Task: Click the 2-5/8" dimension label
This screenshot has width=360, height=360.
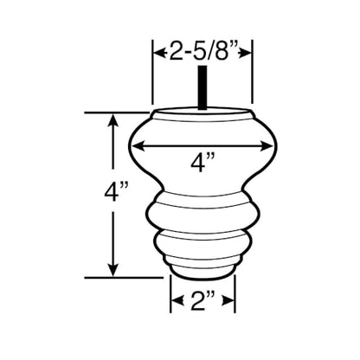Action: pos(202,51)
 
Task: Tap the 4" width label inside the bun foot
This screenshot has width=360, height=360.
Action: pos(202,163)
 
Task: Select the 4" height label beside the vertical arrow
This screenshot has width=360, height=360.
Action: pos(116,191)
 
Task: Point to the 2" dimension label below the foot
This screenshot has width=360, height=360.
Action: pos(202,300)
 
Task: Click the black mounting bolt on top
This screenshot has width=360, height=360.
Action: pos(202,87)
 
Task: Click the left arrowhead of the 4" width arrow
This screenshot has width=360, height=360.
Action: pos(139,146)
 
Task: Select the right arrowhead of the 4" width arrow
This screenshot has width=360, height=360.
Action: pos(266,146)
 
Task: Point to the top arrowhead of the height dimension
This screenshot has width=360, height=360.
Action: pos(113,121)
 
